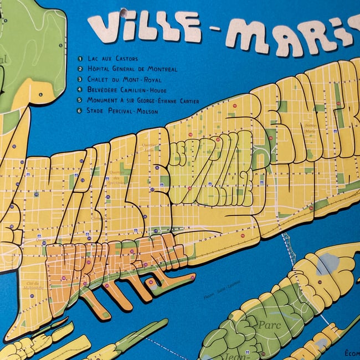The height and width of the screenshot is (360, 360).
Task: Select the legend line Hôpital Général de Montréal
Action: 132,69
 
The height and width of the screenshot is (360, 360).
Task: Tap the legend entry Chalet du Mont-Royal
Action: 121,80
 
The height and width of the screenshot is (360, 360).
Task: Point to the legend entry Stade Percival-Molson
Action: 122,111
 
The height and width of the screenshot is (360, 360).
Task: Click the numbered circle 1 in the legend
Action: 80,59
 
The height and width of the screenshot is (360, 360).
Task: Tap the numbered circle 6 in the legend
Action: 80,111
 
